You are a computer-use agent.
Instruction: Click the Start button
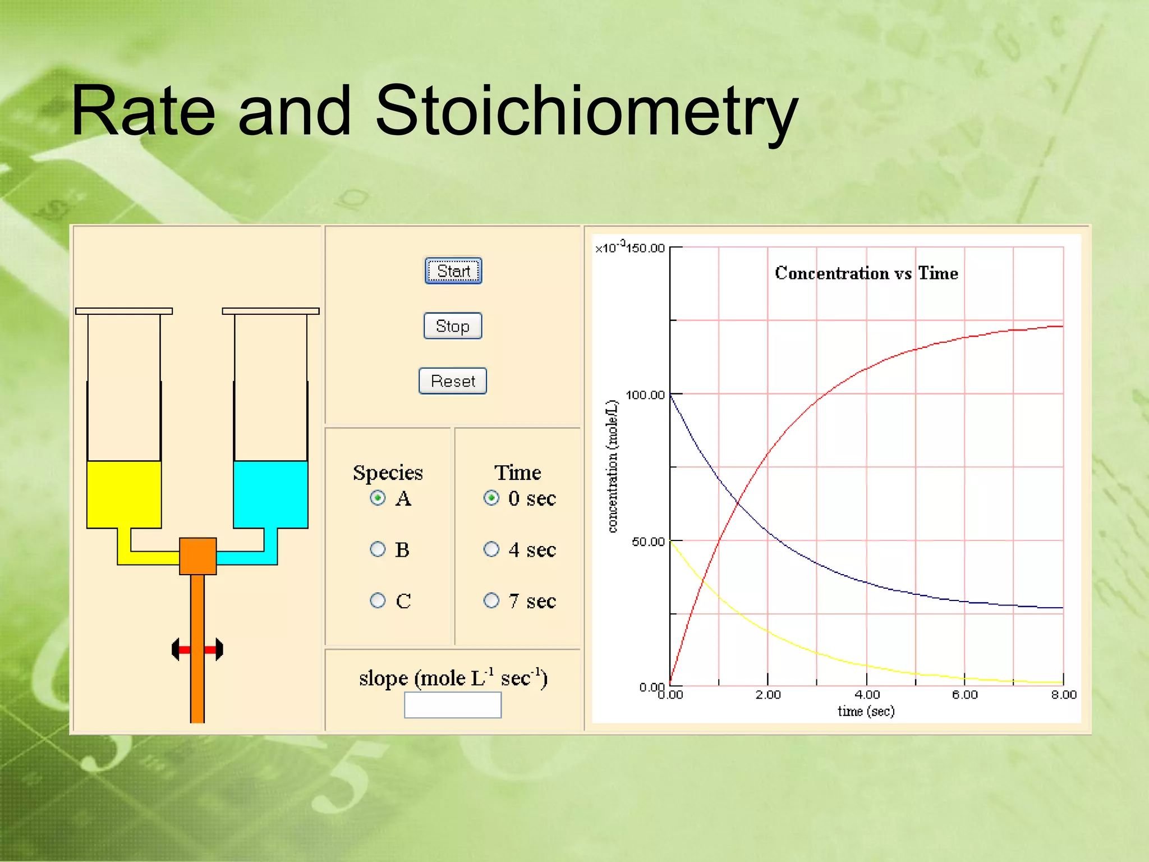pos(453,271)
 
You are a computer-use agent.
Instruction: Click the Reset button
pos(453,381)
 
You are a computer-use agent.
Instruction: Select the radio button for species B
pos(378,549)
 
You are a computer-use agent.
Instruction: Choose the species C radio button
pos(378,600)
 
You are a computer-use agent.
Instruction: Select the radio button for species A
pos(378,498)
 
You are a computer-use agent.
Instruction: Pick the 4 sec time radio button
pos(491,549)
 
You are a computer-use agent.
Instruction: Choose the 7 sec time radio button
pos(491,600)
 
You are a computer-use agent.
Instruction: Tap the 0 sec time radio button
pos(491,498)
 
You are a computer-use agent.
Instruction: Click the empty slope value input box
pos(453,705)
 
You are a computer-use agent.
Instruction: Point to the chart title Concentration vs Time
pos(866,273)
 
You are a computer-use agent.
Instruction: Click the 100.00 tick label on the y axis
pos(645,395)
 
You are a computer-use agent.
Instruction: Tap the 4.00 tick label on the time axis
pos(867,695)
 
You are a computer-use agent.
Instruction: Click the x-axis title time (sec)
pos(866,712)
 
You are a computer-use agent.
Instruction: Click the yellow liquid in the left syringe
pos(124,494)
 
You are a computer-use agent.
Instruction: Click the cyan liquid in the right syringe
pos(270,494)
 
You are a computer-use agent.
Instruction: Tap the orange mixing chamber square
pos(197,556)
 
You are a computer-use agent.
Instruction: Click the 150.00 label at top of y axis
pos(645,248)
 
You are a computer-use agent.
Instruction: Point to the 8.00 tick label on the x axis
pos(1064,695)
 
